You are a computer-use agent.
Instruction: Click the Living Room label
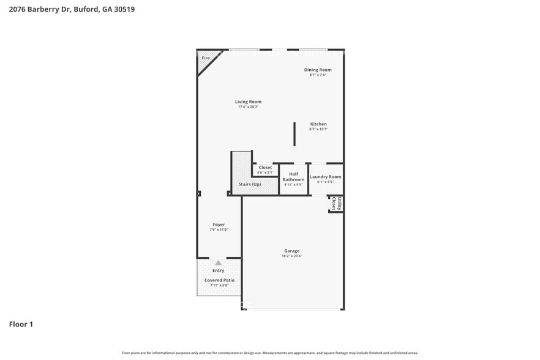[x=248, y=102]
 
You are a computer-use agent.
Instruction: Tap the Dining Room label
[x=318, y=70]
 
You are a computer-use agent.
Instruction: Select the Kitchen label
[x=318, y=124]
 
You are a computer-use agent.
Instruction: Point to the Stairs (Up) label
[x=249, y=184]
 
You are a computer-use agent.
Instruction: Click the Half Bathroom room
[x=293, y=179]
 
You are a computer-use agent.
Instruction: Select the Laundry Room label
[x=325, y=177]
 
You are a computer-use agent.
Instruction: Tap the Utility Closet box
[x=335, y=204]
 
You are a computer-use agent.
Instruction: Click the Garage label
[x=291, y=251]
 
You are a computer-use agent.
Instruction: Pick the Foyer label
[x=219, y=225]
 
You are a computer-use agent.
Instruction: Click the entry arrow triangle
[x=218, y=263]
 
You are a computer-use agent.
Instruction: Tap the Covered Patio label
[x=219, y=280]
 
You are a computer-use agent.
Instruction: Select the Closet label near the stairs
[x=265, y=167]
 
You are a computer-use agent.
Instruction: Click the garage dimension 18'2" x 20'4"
[x=291, y=257]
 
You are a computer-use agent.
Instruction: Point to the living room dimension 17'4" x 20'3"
[x=248, y=107]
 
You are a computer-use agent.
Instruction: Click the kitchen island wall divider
[x=294, y=133]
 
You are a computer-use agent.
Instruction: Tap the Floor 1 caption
[x=21, y=324]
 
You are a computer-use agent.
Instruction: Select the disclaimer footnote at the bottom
[x=269, y=353]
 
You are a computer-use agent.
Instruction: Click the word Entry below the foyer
[x=218, y=270]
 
